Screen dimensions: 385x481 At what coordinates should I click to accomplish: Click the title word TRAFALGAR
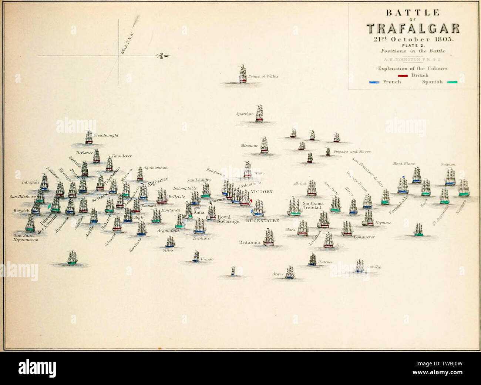(x=413, y=29)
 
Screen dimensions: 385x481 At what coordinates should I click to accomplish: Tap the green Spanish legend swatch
(x=452, y=82)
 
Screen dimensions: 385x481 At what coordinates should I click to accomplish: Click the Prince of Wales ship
(x=243, y=74)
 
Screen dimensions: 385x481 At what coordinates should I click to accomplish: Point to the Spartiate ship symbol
(x=259, y=113)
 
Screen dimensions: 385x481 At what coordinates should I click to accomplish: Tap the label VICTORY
(x=262, y=192)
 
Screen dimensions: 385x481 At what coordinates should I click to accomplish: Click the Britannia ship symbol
(x=269, y=238)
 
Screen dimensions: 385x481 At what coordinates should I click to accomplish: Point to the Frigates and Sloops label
(x=352, y=152)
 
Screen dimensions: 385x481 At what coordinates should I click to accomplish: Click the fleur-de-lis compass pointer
(x=163, y=56)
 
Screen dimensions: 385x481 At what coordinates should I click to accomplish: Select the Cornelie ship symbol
(x=360, y=266)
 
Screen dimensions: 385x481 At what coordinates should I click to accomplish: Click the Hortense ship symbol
(x=313, y=260)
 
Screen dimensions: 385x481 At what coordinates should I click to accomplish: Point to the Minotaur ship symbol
(x=264, y=145)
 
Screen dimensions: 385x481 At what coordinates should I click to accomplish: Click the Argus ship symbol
(x=290, y=272)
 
